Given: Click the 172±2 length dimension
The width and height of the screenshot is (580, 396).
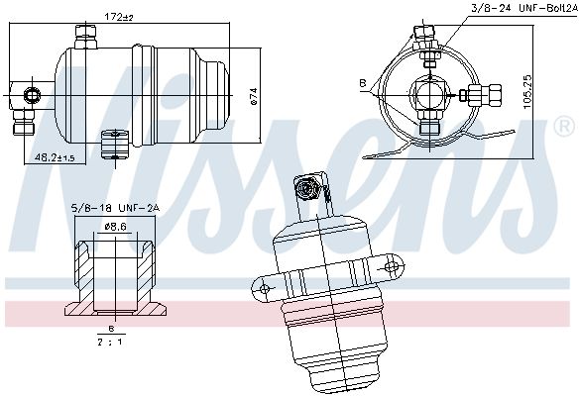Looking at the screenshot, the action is pos(119,17).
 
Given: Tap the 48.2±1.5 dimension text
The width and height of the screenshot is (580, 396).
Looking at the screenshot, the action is pos(55,157).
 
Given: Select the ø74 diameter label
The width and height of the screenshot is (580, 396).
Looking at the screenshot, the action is pos(254,96).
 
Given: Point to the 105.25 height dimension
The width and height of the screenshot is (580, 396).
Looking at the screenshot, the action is pos(527,92).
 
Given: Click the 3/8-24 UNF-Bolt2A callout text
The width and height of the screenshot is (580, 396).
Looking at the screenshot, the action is pos(523,9).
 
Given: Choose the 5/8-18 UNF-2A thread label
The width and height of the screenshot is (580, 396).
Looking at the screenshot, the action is pos(115,208).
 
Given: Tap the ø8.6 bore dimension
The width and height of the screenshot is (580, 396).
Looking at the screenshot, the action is pos(116,227).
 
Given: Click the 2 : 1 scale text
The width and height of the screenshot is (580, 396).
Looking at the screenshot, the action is pos(110,342).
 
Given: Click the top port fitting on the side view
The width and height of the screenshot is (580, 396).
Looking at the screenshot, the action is pos(86,37).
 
